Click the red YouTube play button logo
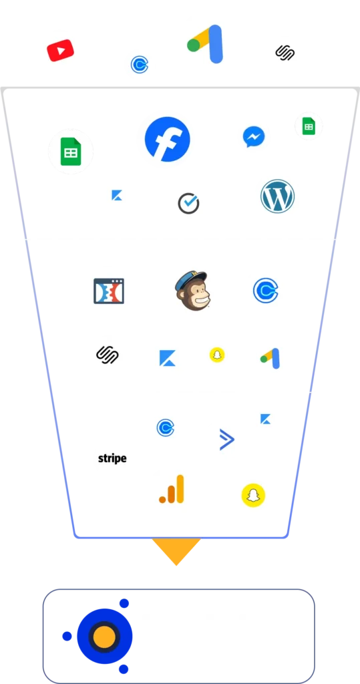60,51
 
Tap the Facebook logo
168,139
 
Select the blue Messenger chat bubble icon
254,136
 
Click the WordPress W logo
278,196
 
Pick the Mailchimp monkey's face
192,291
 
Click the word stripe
112,458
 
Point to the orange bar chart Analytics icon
172,489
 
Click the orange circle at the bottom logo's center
104,637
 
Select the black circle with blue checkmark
188,204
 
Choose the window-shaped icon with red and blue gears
109,291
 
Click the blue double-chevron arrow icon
227,440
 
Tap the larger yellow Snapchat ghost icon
254,496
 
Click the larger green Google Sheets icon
71,152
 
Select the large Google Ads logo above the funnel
206,44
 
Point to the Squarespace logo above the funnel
285,53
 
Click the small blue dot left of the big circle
67,637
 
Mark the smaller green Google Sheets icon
309,126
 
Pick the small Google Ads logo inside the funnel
270,358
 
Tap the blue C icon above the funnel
140,65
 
